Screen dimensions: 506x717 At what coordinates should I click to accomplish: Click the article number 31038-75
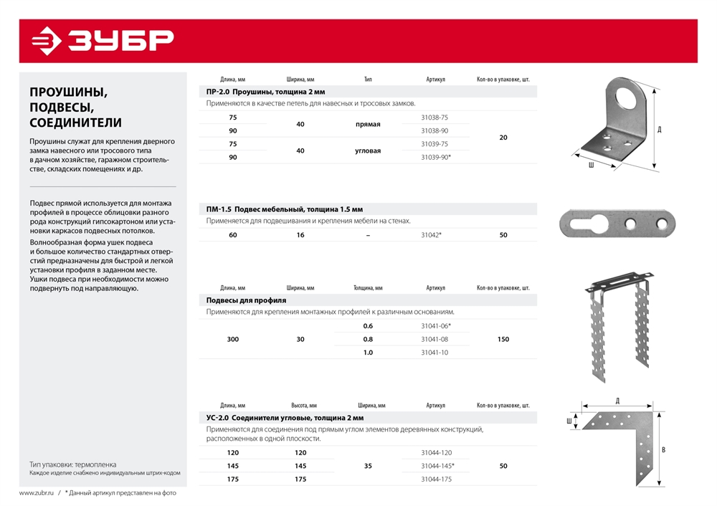tap(435, 118)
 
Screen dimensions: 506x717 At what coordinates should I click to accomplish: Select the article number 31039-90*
tap(436, 157)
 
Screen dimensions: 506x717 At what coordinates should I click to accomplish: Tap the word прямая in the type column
tap(368, 124)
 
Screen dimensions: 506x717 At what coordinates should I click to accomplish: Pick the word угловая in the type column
tap(368, 151)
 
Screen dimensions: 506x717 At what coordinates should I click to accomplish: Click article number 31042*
tap(431, 235)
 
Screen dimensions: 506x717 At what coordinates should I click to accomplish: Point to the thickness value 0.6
tap(368, 325)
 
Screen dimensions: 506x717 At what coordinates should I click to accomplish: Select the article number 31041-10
tap(435, 352)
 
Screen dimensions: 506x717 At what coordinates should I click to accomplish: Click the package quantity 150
tap(503, 339)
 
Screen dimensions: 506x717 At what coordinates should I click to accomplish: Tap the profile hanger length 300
tap(232, 339)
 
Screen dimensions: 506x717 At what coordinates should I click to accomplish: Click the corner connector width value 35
tap(368, 466)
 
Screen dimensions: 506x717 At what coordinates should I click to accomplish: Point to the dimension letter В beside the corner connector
tap(663, 450)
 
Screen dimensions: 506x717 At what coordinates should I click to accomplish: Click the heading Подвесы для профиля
tap(246, 300)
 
